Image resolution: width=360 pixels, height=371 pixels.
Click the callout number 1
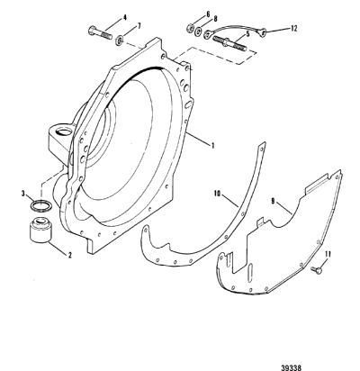pos(212,146)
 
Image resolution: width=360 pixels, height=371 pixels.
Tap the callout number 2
pos(69,255)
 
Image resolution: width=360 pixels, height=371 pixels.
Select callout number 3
pos(23,194)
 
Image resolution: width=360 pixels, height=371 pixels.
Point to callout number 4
pos(124,17)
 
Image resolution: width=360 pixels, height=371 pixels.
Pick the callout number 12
pos(293,29)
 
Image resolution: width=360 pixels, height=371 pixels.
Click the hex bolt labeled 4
pos(100,33)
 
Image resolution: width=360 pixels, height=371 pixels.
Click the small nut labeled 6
pos(190,28)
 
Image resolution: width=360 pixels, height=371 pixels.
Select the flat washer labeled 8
pos(198,32)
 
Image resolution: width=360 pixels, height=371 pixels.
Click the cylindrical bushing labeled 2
pos(40,230)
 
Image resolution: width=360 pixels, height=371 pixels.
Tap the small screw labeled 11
pos(317,269)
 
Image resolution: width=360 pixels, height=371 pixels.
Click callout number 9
pos(273,202)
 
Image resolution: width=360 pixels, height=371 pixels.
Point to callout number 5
pos(247,34)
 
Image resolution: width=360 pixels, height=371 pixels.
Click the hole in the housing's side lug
pos(64,131)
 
